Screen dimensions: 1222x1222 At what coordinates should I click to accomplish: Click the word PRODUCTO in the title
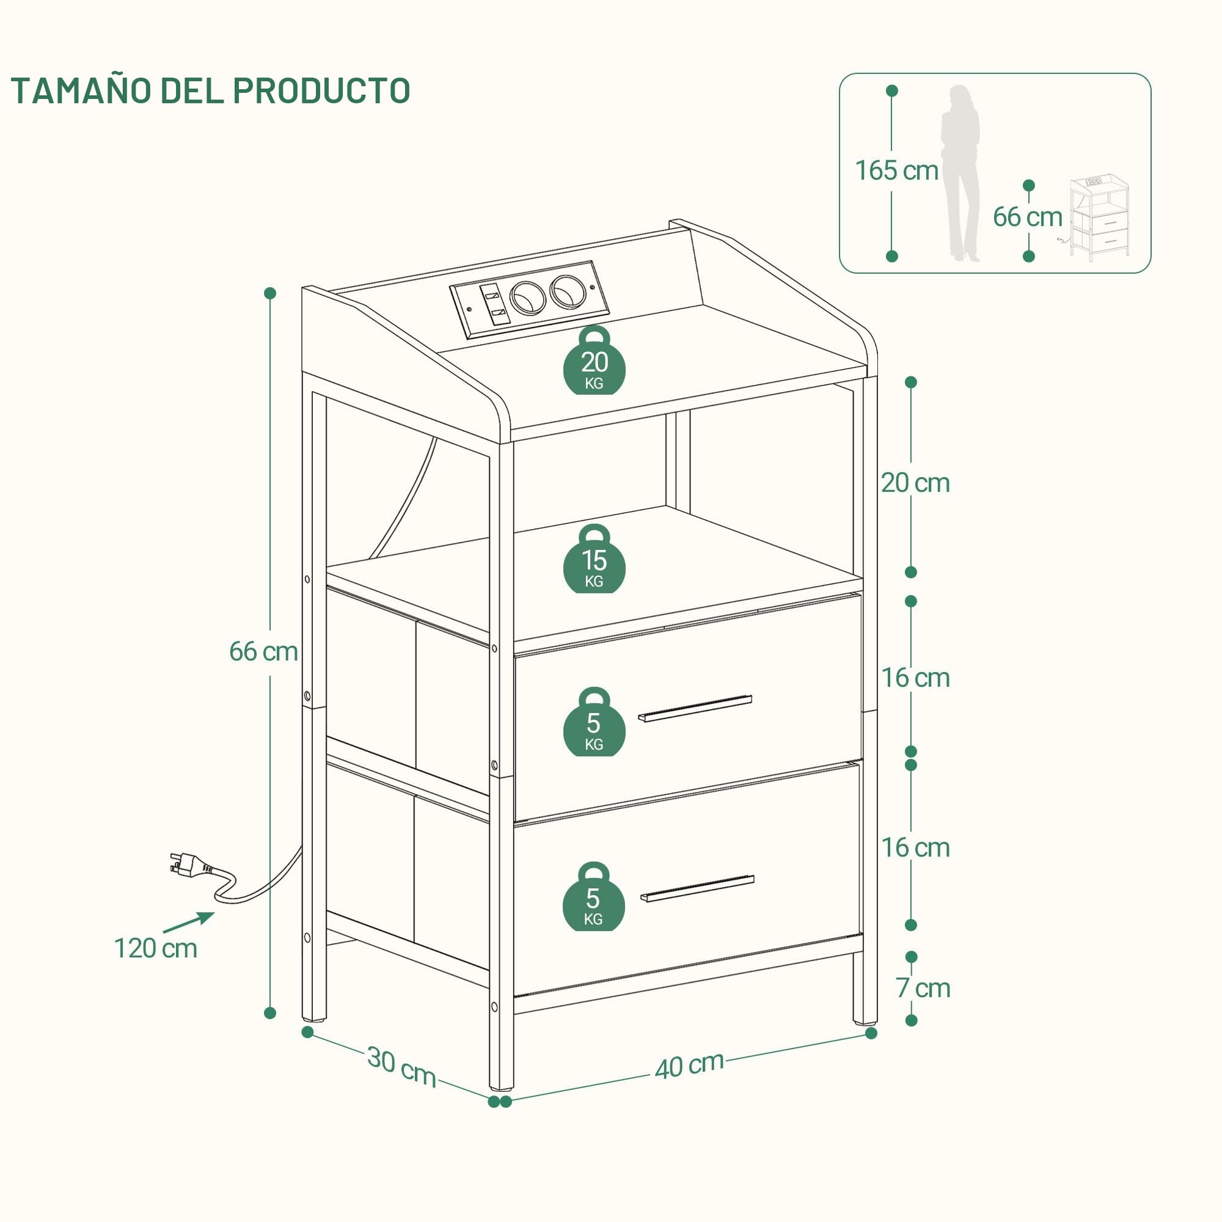coord(321,90)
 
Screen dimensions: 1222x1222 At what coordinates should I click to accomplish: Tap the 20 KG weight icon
coord(594,361)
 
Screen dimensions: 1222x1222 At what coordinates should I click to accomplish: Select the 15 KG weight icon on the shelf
coord(594,559)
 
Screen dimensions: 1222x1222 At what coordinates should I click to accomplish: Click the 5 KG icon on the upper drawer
coord(594,722)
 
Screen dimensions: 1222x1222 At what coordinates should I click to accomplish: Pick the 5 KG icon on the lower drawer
coord(593,896)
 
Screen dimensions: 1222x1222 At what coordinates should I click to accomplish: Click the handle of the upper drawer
coord(695,708)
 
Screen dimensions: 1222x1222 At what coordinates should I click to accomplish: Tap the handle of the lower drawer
coord(697,888)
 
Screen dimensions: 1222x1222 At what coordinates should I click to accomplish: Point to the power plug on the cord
coord(190,863)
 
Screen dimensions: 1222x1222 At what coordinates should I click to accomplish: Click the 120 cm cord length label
coord(156,949)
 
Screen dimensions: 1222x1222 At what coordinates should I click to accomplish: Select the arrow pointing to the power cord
coord(188,921)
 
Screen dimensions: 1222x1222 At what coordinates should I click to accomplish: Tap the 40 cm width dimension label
coord(689,1066)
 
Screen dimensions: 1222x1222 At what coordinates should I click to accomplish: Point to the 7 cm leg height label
coord(923,988)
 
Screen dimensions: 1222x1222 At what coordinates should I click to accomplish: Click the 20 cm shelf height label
coord(915,483)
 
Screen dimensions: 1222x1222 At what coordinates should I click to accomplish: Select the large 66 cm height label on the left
coord(263,651)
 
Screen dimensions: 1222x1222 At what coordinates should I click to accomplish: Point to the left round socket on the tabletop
coord(527,298)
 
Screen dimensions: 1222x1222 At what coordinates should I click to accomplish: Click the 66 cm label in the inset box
coord(1027,217)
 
